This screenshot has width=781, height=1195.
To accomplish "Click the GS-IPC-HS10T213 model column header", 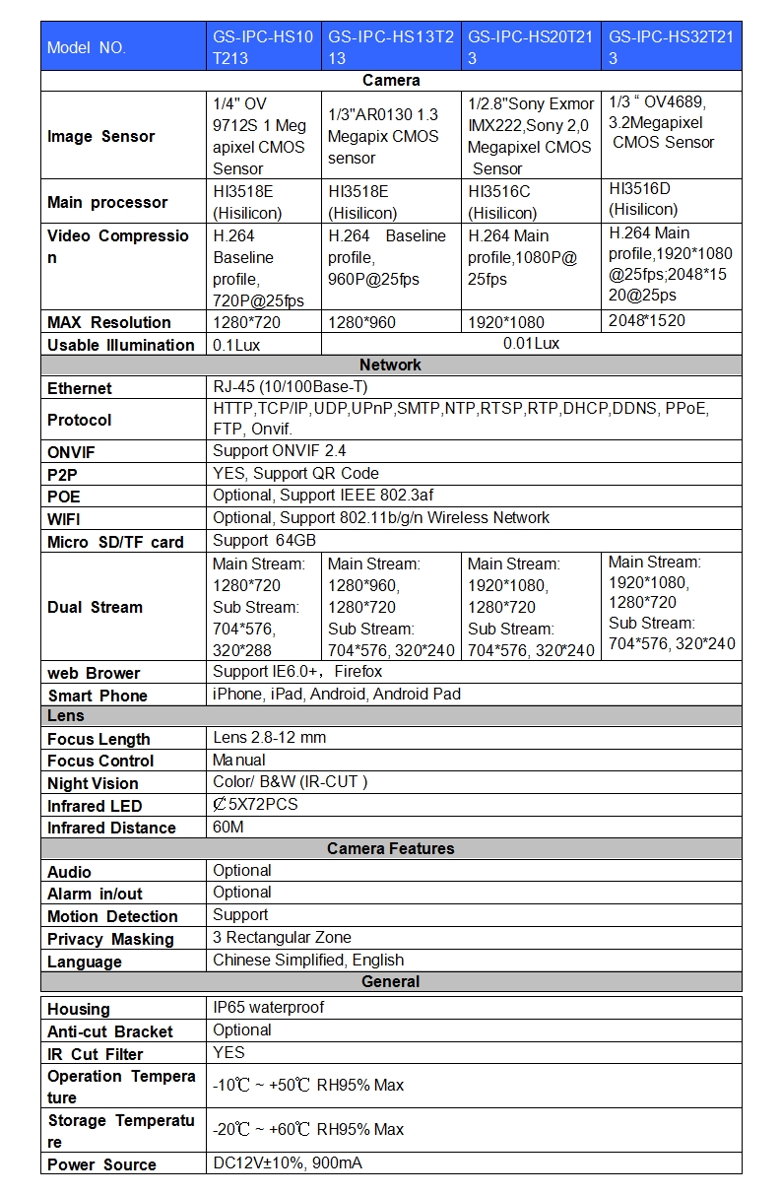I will (x=263, y=47).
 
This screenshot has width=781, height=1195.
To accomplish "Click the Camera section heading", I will (x=391, y=81).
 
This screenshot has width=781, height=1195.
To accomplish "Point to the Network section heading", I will (x=391, y=365).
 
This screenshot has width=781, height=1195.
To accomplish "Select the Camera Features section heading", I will (x=391, y=848).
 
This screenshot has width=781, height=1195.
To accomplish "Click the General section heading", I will (x=391, y=981).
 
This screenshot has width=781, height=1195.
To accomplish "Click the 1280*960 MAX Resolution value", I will (x=363, y=322).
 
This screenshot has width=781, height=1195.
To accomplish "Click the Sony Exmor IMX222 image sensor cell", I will (x=531, y=136).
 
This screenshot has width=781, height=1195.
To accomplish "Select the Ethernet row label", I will (x=80, y=388).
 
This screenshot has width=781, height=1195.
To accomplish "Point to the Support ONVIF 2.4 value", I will (x=280, y=451).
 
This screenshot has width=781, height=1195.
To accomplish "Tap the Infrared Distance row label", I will (x=111, y=828).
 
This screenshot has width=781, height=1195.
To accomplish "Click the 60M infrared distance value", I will (x=228, y=827).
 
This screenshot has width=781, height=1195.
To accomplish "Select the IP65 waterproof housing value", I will (x=268, y=1007).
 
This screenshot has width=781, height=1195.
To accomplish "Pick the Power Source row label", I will (x=101, y=1164).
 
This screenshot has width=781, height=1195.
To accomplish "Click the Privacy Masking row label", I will (x=110, y=939).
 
